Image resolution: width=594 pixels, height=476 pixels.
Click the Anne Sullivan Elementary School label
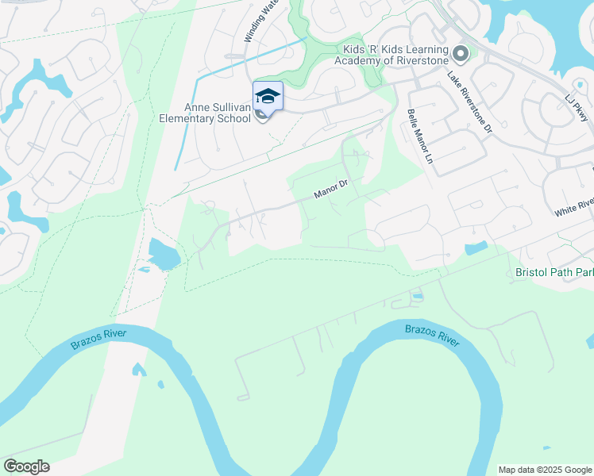(218, 113)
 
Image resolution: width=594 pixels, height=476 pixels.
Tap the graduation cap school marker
(268, 96)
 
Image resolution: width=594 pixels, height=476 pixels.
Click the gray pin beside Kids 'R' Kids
(461, 55)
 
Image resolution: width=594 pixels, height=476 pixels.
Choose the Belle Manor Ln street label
(419, 136)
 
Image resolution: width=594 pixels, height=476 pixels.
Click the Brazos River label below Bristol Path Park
(431, 334)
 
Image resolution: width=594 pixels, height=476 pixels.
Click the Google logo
(26, 466)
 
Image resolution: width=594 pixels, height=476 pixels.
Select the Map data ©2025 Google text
(545, 470)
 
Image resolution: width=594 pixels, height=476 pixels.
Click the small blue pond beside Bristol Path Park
(476, 248)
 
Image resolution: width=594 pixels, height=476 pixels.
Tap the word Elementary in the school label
(209, 120)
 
